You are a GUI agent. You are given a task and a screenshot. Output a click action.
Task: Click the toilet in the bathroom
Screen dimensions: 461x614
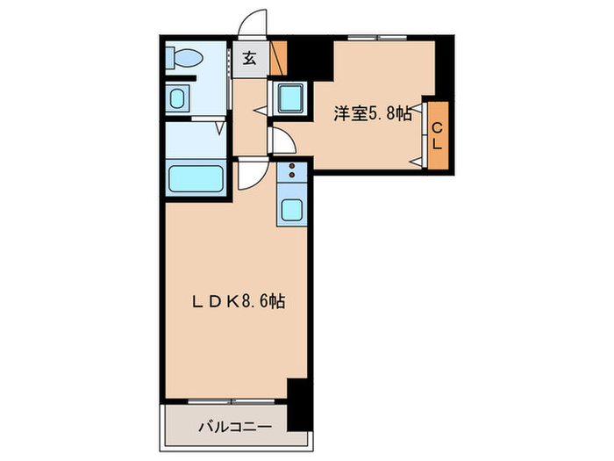click(187, 59)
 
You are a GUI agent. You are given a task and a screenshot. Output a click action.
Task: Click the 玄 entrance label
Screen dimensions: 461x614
click(250, 59)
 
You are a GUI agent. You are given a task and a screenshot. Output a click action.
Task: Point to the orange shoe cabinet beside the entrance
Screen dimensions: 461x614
click(279, 57)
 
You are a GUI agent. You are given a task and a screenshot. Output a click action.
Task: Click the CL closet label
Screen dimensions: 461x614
click(438, 136)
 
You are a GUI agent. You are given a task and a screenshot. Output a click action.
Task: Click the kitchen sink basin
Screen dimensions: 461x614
click(291, 210)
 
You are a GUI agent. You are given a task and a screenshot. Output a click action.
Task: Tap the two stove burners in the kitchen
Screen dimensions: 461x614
click(291, 171)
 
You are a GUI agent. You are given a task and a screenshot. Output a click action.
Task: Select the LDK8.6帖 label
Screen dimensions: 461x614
click(239, 300)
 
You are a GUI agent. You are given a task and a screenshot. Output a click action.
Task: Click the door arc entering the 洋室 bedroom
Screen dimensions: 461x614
click(282, 140)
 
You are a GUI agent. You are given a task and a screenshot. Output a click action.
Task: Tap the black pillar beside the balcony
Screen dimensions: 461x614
click(298, 400)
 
